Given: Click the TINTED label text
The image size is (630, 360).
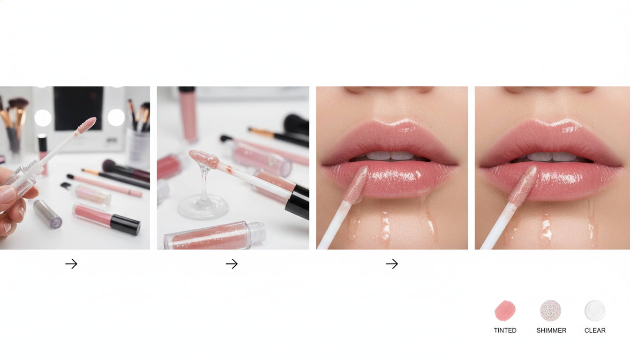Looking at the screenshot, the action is pyautogui.click(x=505, y=330).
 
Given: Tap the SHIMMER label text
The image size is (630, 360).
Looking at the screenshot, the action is pyautogui.click(x=551, y=330).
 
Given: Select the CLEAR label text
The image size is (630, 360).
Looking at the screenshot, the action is pyautogui.click(x=595, y=330).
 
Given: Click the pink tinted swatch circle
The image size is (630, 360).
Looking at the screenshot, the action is pyautogui.click(x=505, y=310).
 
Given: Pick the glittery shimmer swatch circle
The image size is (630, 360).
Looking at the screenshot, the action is pyautogui.click(x=550, y=310).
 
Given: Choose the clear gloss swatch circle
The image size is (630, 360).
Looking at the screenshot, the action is pyautogui.click(x=595, y=310).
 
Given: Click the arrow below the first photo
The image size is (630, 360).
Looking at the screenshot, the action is pyautogui.click(x=71, y=264).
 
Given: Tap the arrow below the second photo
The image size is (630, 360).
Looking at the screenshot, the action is pyautogui.click(x=232, y=264).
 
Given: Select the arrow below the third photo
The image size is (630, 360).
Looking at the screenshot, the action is pyautogui.click(x=392, y=264).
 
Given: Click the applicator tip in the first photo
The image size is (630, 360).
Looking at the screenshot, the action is pyautogui.click(x=86, y=125).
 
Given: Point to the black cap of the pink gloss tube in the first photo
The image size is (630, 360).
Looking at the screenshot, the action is pyautogui.click(x=125, y=224).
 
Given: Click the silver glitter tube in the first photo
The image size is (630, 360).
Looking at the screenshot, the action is pyautogui.click(x=47, y=214).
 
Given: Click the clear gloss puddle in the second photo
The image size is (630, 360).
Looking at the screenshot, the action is pyautogui.click(x=203, y=207).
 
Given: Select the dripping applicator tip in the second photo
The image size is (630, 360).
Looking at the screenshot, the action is pyautogui.click(x=203, y=159).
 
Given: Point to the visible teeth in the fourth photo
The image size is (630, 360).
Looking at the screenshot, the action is pyautogui.click(x=551, y=157).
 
